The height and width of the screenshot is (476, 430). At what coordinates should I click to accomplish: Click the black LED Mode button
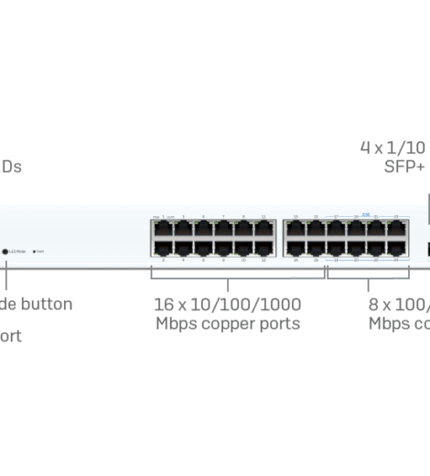pyautogui.click(x=6, y=250)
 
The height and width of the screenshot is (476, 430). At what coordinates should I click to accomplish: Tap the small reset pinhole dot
pyautogui.click(x=35, y=250)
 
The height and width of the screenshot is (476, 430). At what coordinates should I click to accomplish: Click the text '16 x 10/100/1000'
pyautogui.click(x=228, y=304)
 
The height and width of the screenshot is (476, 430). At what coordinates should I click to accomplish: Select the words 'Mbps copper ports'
pyautogui.click(x=228, y=323)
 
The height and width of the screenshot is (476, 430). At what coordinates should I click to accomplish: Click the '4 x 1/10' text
pyautogui.click(x=393, y=147)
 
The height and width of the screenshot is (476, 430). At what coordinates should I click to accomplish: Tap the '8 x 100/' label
pyautogui.click(x=399, y=304)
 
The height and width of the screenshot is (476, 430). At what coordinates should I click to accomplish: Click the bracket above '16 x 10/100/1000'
pyautogui.click(x=228, y=272)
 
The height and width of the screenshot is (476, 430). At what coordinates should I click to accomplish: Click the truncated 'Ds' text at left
pyautogui.click(x=11, y=167)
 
